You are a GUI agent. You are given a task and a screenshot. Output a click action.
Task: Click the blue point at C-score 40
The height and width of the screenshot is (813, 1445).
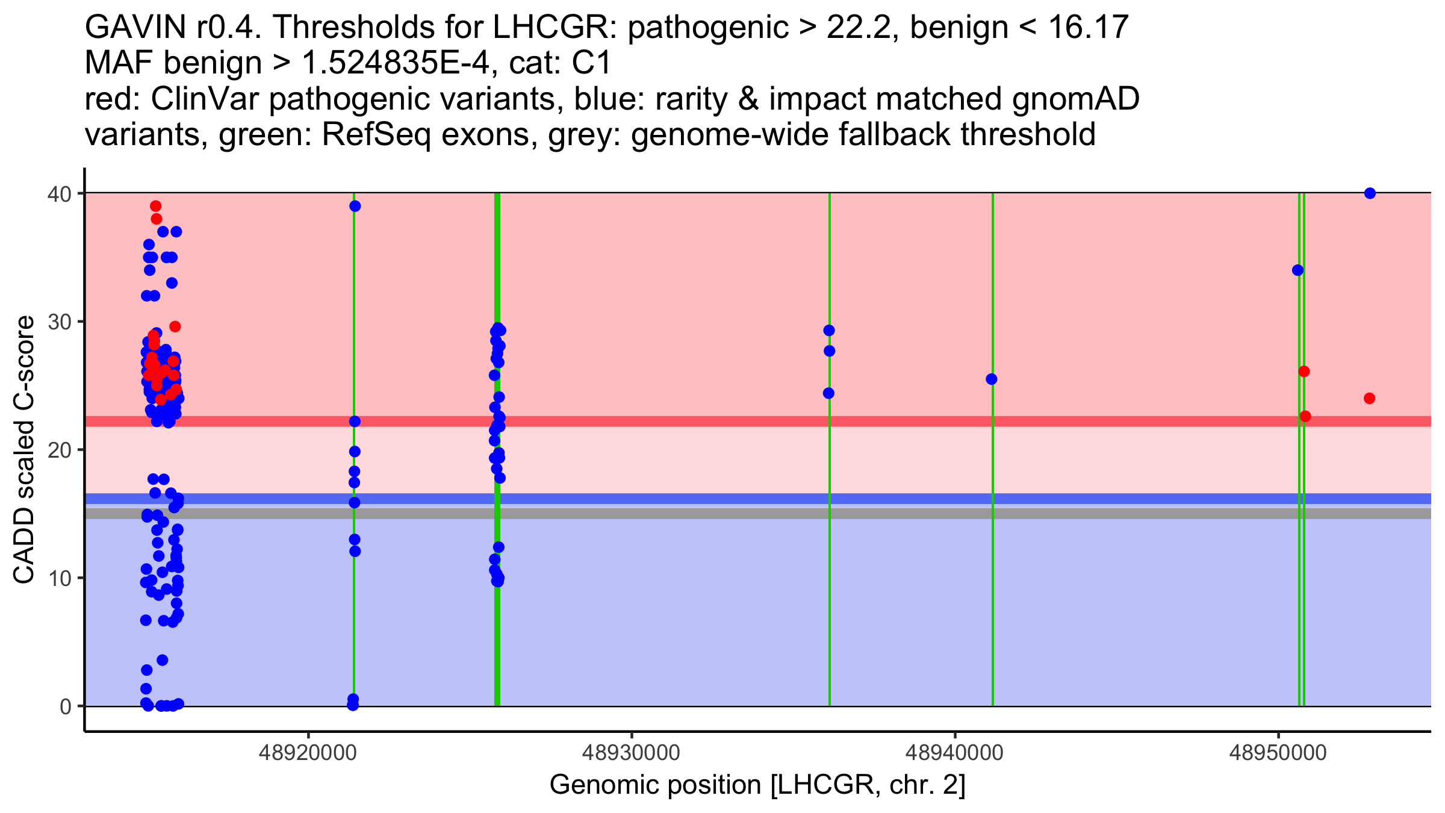(x=1370, y=193)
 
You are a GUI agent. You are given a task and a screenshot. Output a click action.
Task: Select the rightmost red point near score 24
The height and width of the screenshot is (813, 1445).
(x=1369, y=399)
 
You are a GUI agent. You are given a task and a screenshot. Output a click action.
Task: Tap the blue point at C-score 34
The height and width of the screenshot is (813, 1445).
(x=1297, y=270)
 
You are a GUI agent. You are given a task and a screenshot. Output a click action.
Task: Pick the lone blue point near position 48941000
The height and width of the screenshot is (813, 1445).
(x=991, y=379)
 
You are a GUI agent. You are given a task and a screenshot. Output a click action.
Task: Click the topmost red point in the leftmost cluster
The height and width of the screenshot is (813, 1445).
(x=155, y=207)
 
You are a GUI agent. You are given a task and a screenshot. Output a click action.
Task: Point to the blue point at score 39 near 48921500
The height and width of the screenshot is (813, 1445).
(x=355, y=207)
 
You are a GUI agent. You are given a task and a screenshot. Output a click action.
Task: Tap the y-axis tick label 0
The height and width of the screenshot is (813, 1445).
(x=66, y=706)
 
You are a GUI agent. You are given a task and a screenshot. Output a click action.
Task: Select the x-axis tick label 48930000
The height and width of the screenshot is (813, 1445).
(x=632, y=753)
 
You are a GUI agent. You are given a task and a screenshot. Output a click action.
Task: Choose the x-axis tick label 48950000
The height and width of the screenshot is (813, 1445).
(x=1278, y=753)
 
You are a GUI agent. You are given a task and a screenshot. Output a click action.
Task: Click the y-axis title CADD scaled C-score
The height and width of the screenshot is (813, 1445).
(x=24, y=450)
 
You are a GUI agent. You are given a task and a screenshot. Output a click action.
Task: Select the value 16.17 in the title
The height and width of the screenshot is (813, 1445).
(x=1088, y=27)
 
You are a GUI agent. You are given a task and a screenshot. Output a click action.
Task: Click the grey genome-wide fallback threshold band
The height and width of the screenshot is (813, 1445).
(x=722, y=514)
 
